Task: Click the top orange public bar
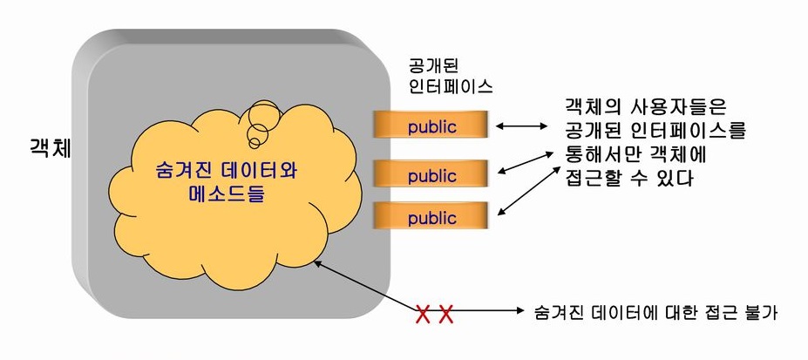[x=431, y=126]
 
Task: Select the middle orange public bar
[x=431, y=175]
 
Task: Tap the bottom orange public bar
[x=431, y=215]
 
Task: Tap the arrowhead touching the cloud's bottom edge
[x=320, y=264]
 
